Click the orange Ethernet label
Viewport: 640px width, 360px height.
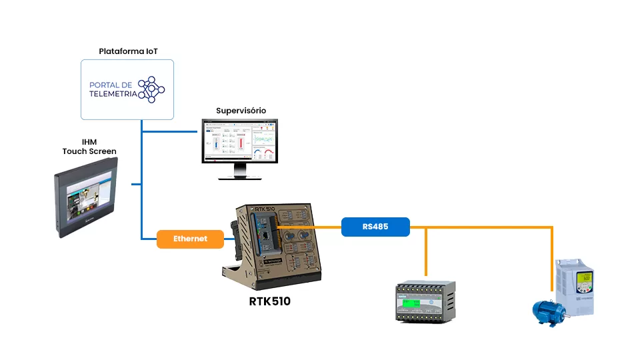190,239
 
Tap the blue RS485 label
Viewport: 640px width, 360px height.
375,227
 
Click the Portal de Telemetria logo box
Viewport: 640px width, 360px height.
127,89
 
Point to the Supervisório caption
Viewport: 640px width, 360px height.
241,110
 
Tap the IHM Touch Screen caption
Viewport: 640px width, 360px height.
89,147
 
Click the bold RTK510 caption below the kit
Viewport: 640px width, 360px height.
269,301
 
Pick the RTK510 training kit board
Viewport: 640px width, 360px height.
275,243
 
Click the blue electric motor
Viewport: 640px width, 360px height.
548,309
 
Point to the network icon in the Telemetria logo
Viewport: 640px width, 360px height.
151,89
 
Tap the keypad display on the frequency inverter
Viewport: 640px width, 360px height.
585,280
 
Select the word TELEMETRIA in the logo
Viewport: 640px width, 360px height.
113,94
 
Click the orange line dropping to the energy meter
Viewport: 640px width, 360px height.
425,253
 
